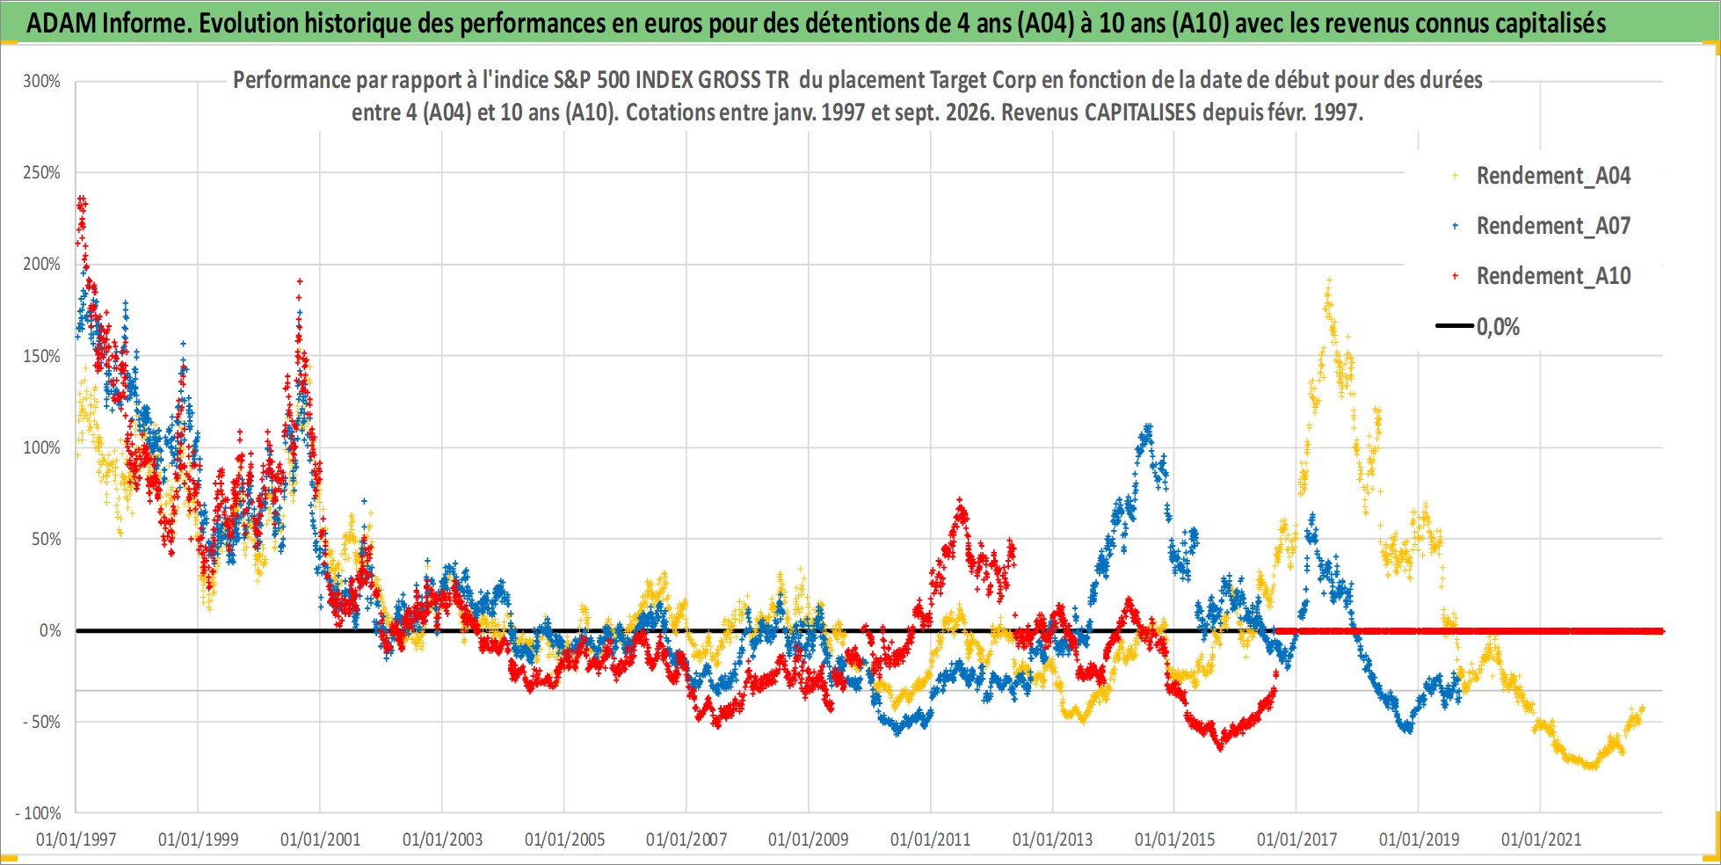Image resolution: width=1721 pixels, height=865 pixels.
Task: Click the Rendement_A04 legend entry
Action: tap(1542, 176)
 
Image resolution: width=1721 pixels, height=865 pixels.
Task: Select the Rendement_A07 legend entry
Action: tap(1542, 226)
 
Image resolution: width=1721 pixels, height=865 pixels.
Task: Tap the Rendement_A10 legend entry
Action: tap(1542, 276)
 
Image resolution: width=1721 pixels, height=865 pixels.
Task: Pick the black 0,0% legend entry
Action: tap(1478, 327)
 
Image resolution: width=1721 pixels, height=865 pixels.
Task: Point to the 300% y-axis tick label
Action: tap(41, 81)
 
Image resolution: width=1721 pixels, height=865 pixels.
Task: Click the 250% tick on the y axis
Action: tap(41, 172)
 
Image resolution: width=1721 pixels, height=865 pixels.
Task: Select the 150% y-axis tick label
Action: tap(41, 356)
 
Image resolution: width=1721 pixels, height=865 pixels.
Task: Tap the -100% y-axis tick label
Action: tap(38, 813)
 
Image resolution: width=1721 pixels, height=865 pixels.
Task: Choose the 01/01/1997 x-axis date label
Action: tap(76, 840)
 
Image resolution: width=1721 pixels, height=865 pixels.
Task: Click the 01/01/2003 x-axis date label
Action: tap(442, 840)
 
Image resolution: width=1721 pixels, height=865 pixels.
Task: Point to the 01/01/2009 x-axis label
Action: tap(808, 840)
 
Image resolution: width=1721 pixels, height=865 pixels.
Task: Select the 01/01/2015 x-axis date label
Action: tap(1174, 840)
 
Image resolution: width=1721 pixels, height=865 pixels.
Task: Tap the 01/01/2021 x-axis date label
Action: tap(1541, 840)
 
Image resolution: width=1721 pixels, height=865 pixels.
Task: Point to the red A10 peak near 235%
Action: tap(81, 201)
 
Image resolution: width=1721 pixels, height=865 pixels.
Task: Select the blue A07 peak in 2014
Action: tap(1147, 428)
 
